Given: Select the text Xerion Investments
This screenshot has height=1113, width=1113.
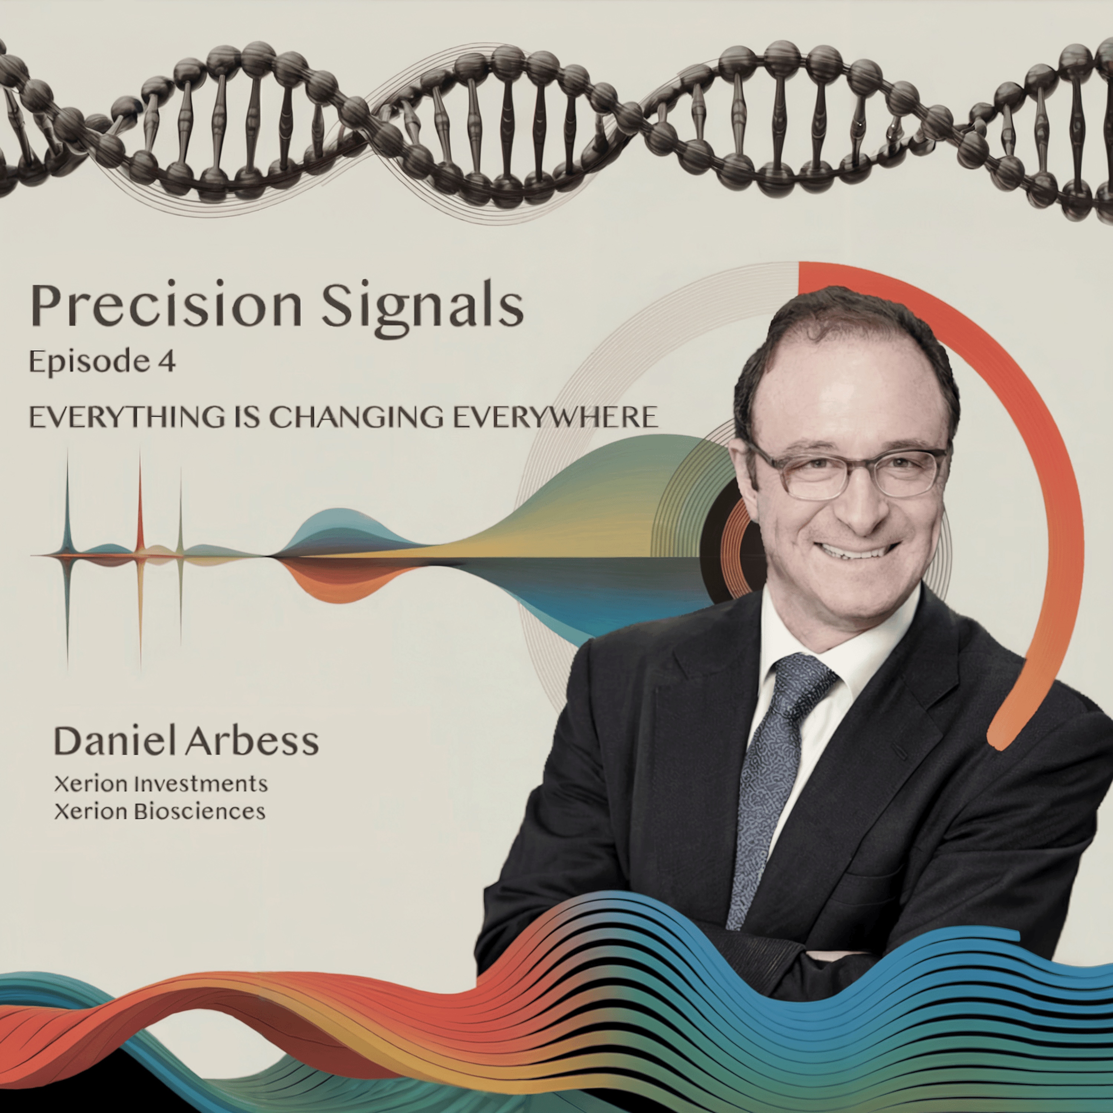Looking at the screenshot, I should [x=161, y=784].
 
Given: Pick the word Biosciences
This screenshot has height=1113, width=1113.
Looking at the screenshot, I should [x=199, y=812].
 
